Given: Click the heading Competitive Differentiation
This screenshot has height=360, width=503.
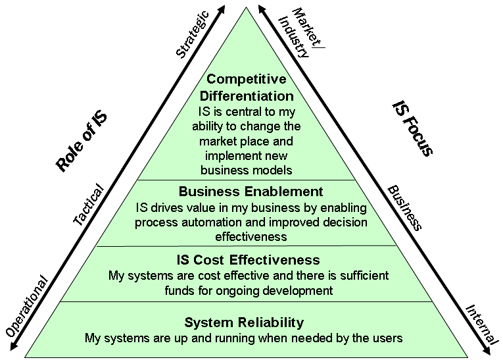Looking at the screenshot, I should pos(247,88).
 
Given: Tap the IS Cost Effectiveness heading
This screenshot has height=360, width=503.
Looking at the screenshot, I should pos(248,259).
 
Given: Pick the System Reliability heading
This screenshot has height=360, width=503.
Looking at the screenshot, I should pos(244,322).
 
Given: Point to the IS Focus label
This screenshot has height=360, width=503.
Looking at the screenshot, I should pos(412,128).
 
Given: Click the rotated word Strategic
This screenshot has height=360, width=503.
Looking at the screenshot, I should pos(193,34).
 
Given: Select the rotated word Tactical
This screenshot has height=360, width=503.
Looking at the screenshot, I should pos(88,206).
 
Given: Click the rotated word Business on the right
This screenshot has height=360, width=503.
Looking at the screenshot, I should pos(404,207).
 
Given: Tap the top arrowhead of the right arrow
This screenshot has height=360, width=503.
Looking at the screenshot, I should pos(262,9).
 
